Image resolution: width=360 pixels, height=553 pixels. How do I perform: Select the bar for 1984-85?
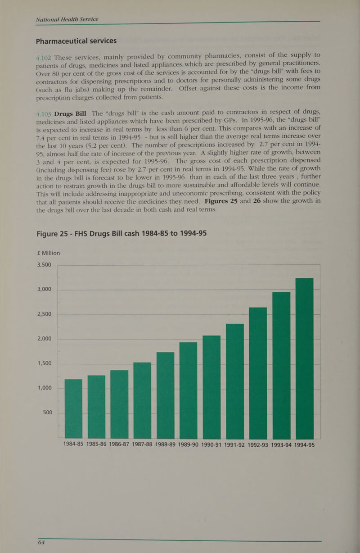(73, 408)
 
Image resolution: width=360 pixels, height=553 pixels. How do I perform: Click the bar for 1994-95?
(305, 358)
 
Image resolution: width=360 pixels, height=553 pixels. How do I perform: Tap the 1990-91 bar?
(211, 387)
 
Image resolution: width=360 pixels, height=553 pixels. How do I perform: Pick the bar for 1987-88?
(142, 400)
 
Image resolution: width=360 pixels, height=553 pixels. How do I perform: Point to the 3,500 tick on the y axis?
(44, 265)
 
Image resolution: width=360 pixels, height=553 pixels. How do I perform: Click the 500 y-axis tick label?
(47, 412)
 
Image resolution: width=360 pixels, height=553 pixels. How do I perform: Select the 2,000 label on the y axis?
(45, 339)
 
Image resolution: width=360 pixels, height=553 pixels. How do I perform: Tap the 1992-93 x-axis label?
(258, 445)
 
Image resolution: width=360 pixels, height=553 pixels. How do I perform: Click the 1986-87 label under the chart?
(119, 444)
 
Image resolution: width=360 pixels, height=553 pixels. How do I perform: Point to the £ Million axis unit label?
(48, 253)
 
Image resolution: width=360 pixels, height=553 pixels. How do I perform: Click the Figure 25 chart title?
(121, 233)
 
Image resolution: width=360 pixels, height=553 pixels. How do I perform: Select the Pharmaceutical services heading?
(76, 41)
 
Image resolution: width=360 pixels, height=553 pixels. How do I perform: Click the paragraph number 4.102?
(44, 58)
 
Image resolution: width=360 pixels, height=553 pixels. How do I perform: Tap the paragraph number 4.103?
(44, 114)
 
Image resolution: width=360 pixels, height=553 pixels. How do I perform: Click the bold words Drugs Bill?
(70, 114)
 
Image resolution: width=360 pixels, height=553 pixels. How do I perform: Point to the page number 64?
(41, 542)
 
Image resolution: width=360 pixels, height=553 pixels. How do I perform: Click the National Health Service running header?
(67, 19)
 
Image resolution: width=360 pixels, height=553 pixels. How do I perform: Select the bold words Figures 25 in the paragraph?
(221, 201)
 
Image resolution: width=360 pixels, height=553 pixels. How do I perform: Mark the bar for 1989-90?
(188, 390)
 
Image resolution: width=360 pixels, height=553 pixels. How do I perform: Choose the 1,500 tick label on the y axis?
(45, 363)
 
